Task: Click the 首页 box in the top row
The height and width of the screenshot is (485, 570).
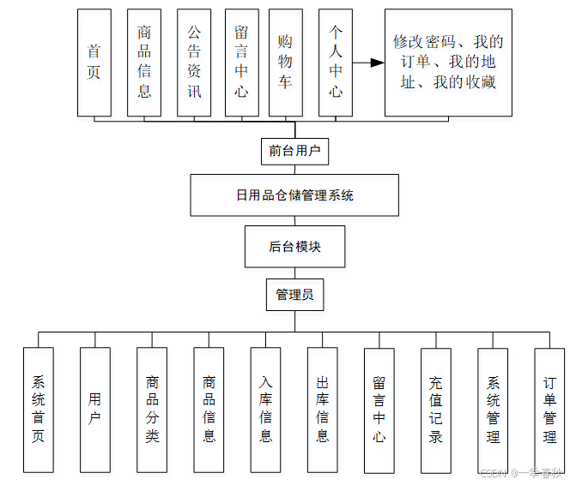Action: tap(94, 63)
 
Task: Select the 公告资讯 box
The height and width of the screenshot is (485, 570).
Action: tap(194, 63)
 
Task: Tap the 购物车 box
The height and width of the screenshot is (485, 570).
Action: tap(285, 63)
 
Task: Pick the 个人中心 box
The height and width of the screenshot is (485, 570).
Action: tap(336, 63)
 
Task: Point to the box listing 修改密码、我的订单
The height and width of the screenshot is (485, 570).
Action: tap(448, 63)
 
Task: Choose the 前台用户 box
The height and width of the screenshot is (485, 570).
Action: tap(294, 151)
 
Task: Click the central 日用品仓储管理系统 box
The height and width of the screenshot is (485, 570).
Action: tap(294, 195)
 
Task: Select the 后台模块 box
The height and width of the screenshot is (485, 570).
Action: tap(294, 247)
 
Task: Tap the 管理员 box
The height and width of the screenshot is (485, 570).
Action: tap(294, 295)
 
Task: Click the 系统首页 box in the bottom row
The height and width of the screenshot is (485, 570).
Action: tap(39, 410)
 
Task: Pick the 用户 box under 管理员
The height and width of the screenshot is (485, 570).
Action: tap(95, 410)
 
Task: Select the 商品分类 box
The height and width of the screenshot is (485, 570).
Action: tap(152, 410)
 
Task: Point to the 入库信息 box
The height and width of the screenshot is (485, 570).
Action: tap(266, 410)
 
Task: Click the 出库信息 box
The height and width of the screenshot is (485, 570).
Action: tap(323, 410)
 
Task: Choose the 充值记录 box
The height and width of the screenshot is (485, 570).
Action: tap(436, 410)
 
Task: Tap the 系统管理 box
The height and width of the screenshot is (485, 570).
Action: tap(493, 410)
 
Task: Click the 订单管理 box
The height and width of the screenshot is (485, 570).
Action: tap(549, 410)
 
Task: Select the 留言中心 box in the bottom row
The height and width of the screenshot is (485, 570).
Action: tap(379, 410)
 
